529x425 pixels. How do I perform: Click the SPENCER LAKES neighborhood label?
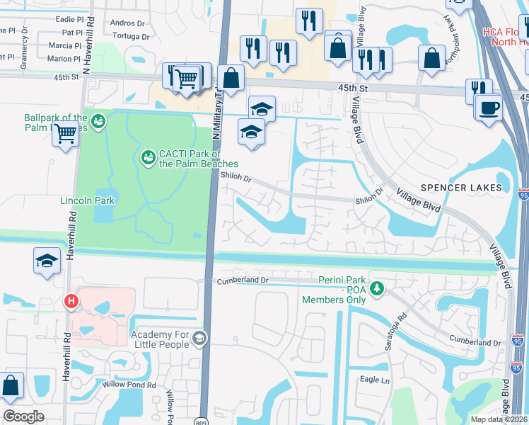[x=461, y=188]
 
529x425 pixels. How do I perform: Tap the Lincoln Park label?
[x=86, y=200]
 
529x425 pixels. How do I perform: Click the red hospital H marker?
[x=71, y=302]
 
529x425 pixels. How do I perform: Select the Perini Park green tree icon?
[x=378, y=288]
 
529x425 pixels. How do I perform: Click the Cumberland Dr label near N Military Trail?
[x=244, y=280]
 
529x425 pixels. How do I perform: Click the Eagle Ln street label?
[x=375, y=380]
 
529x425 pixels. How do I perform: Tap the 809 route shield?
[x=203, y=419]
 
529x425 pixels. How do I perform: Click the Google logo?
[x=23, y=416]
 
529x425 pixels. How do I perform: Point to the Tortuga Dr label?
[x=131, y=36]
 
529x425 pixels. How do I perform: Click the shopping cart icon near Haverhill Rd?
[x=65, y=132]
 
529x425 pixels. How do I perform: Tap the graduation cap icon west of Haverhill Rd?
[x=47, y=260]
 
